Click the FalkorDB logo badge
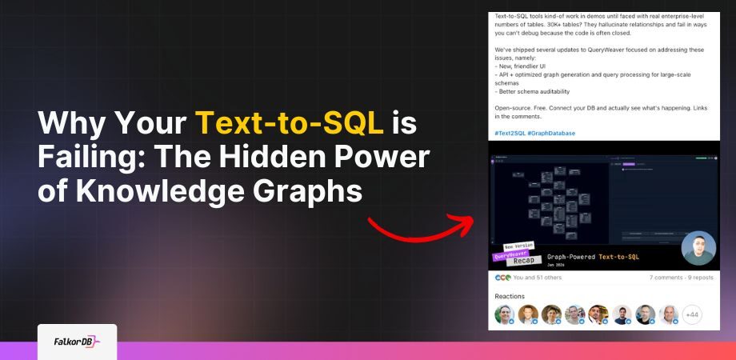[77, 341]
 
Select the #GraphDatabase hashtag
[551, 133]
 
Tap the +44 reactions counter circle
[692, 314]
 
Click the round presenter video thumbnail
[698, 248]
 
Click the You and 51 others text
[538, 278]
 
